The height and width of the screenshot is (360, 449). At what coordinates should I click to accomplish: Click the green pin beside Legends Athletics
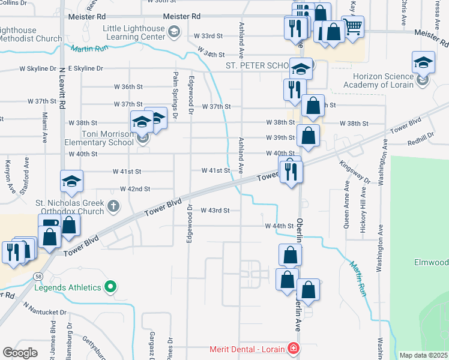(x=110, y=287)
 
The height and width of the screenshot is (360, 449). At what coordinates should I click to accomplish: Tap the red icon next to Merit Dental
(x=292, y=349)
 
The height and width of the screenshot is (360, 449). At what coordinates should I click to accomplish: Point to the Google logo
(x=20, y=352)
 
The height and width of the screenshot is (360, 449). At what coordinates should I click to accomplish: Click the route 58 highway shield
(x=38, y=275)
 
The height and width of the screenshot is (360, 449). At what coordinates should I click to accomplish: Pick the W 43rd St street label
(x=215, y=211)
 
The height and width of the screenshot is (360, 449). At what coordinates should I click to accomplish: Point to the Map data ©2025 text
(x=423, y=355)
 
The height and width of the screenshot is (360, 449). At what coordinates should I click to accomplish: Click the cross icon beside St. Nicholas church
(x=113, y=206)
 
